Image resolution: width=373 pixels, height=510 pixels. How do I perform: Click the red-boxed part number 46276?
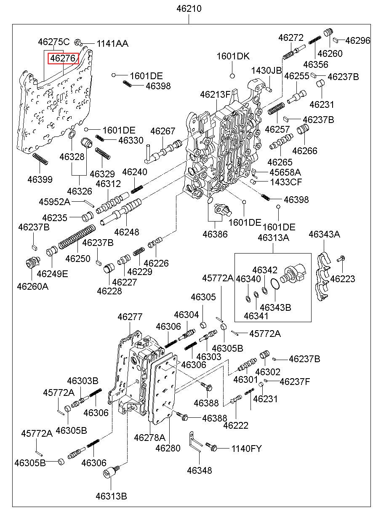[x=63, y=58]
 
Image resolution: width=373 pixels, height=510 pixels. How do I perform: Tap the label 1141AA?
[x=112, y=43]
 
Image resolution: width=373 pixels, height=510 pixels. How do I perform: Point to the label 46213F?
[x=215, y=94]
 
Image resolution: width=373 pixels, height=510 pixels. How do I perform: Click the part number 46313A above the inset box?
[x=273, y=238]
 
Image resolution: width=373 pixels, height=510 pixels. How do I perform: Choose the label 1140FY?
[x=246, y=449]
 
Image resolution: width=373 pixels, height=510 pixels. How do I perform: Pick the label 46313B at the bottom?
[x=111, y=496]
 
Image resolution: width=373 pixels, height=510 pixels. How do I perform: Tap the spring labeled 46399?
[x=40, y=160]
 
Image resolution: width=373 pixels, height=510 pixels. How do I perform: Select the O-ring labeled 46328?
[x=72, y=135]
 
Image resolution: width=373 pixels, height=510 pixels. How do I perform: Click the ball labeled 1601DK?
[x=232, y=76]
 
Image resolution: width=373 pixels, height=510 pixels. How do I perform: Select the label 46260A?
[x=32, y=286]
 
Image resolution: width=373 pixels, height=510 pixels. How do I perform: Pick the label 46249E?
[x=52, y=274]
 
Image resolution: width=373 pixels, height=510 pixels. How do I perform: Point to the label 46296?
[x=358, y=41]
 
